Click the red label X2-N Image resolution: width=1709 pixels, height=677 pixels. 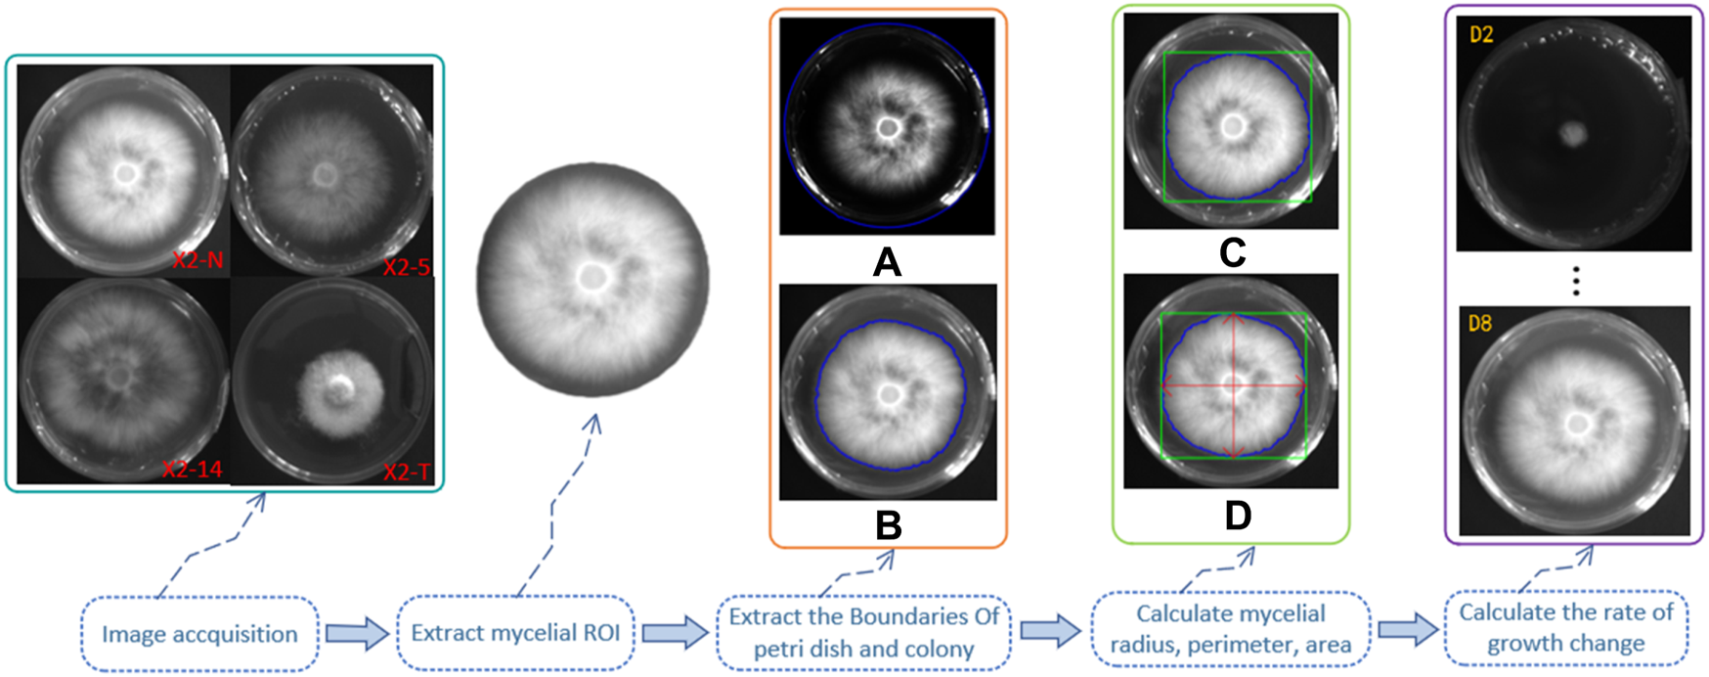tap(197, 259)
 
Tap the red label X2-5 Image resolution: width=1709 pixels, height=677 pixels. tap(406, 267)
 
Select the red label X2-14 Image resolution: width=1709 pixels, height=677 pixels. tap(192, 470)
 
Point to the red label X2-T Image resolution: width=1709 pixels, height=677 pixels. tap(406, 473)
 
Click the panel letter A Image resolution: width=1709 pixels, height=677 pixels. tap(887, 261)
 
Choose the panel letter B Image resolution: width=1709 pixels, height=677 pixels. tap(888, 525)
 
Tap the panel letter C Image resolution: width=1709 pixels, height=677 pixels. tap(1232, 252)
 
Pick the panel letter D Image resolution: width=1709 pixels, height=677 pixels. tap(1237, 516)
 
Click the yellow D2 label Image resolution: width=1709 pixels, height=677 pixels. tap(1481, 35)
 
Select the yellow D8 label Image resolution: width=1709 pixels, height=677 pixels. tap(1480, 323)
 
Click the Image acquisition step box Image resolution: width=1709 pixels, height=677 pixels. tap(200, 634)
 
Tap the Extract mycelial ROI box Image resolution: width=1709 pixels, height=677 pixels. tap(515, 633)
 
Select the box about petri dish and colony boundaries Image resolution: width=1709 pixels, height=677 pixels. tap(864, 633)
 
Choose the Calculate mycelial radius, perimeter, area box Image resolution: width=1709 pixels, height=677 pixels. tap(1231, 629)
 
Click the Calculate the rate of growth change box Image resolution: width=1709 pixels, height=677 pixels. tap(1566, 627)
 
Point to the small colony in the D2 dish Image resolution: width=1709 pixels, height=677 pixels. tap(1572, 134)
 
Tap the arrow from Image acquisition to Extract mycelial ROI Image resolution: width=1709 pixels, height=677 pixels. tap(357, 634)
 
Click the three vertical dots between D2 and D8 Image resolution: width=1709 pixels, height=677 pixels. tap(1576, 281)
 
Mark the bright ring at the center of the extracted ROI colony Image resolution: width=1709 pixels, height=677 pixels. tap(591, 278)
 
